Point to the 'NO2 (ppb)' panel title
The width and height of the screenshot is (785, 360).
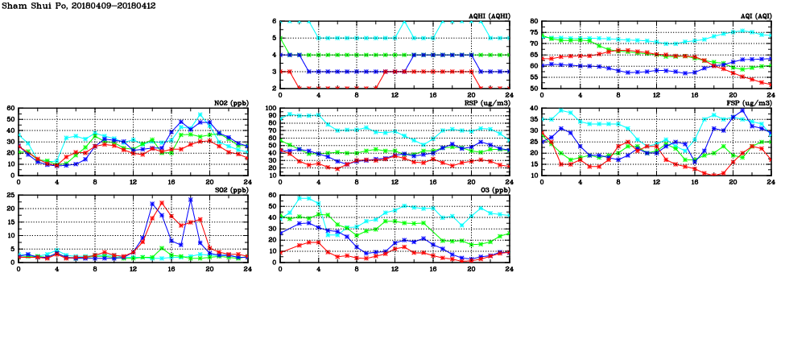229,103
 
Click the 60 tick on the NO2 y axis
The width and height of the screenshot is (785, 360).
10,108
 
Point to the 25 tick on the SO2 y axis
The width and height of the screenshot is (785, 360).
10,195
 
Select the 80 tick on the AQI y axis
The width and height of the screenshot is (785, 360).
534,21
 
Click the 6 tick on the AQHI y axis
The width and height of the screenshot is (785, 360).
274,21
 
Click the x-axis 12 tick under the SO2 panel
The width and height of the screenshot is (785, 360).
133,269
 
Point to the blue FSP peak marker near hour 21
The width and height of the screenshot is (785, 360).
742,110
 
